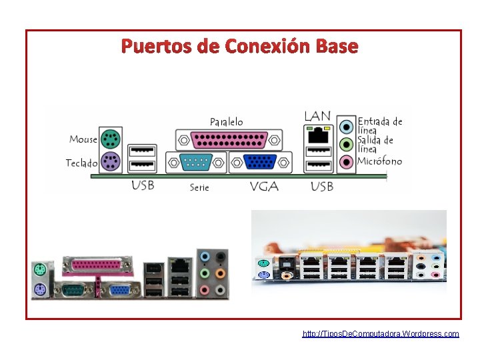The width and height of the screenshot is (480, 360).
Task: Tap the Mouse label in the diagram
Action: point(83,139)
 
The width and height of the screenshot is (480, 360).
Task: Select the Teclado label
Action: point(81,163)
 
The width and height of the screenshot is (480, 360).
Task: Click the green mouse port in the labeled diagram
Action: point(109,140)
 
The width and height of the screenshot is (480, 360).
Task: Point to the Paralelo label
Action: point(227,122)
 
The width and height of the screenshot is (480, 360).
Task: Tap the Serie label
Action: point(199,187)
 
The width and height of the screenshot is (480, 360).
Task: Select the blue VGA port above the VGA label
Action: point(261,163)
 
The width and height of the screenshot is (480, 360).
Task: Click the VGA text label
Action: point(264,187)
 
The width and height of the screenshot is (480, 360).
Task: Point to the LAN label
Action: point(317,116)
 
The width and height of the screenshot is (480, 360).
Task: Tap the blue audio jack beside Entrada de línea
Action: point(346,127)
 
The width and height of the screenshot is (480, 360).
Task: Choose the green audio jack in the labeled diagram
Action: point(346,144)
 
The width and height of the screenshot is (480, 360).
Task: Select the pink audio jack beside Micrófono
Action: point(346,161)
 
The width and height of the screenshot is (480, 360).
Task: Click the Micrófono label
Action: point(380,161)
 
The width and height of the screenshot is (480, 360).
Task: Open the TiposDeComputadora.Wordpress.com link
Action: point(381,333)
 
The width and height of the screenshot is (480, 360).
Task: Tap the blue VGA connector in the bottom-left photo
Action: point(120,289)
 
